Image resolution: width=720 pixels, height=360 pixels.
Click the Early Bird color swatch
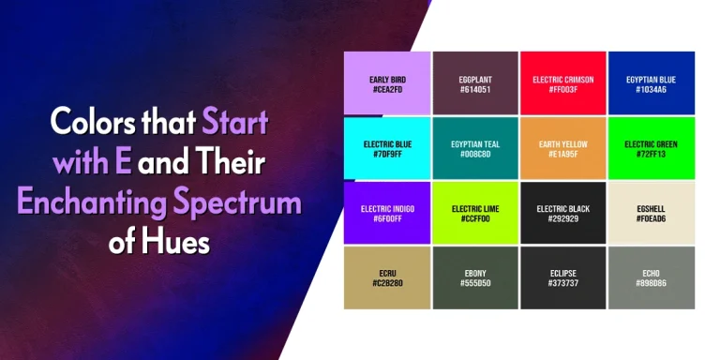point(387,83)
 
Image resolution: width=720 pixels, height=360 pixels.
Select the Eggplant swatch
point(475,83)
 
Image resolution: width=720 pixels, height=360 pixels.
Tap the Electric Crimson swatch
point(563,83)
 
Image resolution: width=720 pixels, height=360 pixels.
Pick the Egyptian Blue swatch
point(652,83)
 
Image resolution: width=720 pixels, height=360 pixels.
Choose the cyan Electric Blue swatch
point(387,148)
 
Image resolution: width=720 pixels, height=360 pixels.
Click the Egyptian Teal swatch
point(475,148)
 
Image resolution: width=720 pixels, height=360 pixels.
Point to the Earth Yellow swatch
point(563,148)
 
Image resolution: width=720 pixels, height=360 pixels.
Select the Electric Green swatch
point(652,148)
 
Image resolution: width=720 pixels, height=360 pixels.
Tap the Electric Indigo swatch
point(387,213)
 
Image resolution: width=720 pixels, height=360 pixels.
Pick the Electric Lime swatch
point(475,213)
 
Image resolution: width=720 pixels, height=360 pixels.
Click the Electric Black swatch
point(563,213)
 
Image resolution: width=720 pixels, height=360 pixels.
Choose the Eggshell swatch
point(652,213)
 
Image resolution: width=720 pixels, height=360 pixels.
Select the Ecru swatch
point(387,277)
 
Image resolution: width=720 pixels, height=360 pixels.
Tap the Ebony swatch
point(475,277)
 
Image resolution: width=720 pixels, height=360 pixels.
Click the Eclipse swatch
point(563,277)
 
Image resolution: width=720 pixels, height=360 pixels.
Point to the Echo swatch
point(652,277)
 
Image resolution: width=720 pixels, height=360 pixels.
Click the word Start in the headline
point(235,122)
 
